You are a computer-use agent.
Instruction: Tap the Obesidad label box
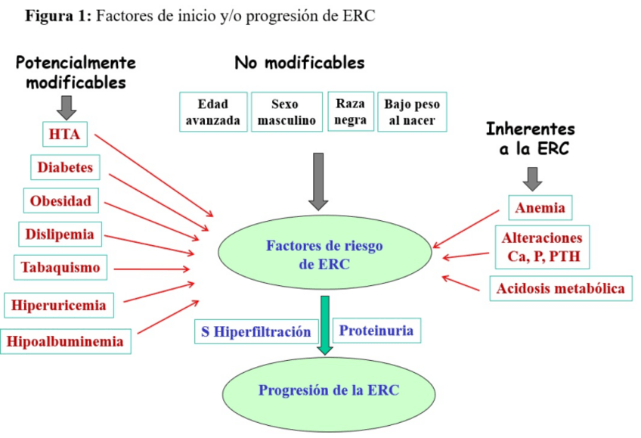click(x=60, y=200)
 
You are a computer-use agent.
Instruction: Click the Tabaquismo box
click(x=60, y=267)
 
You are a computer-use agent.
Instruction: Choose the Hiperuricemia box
click(x=59, y=306)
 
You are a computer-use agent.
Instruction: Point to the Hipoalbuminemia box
click(x=65, y=341)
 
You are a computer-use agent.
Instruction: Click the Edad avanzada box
click(x=213, y=112)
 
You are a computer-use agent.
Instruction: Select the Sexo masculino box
click(x=286, y=112)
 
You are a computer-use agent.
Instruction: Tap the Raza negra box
click(x=351, y=111)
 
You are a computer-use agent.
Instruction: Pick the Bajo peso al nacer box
click(x=411, y=112)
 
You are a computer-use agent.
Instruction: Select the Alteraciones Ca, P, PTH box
click(x=542, y=247)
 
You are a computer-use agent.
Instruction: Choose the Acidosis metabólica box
click(x=561, y=288)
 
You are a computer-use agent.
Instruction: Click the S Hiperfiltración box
click(x=256, y=331)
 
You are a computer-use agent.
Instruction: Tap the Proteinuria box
click(x=376, y=331)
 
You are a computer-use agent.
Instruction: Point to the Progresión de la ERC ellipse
click(x=329, y=390)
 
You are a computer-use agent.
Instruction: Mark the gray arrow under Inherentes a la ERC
click(x=533, y=179)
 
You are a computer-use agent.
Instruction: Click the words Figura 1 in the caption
click(x=58, y=17)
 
